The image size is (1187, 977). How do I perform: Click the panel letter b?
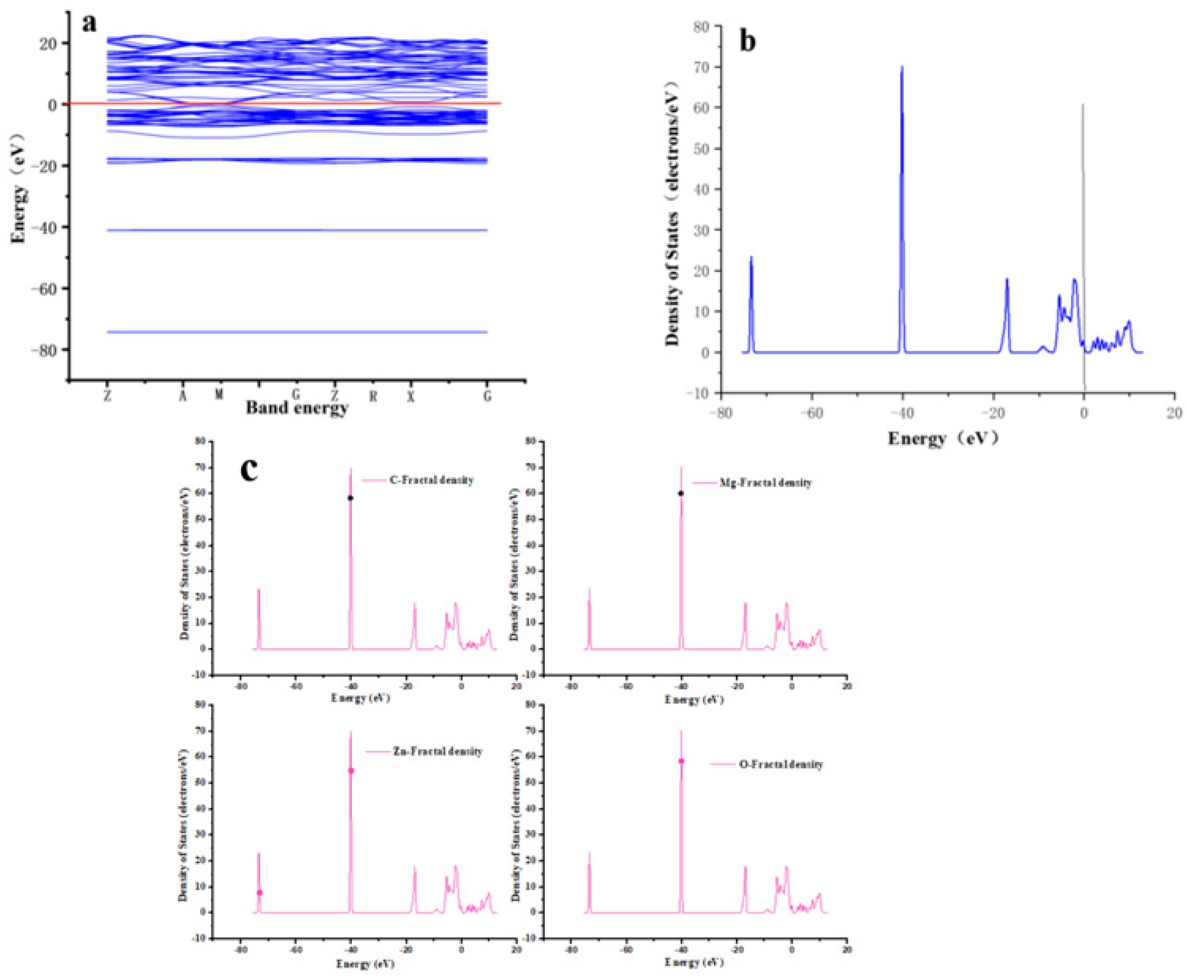pyautogui.click(x=747, y=41)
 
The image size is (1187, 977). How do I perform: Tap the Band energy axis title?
pyautogui.click(x=297, y=407)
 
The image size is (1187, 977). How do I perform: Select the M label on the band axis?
pyautogui.click(x=219, y=395)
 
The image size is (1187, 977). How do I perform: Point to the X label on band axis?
pyautogui.click(x=411, y=396)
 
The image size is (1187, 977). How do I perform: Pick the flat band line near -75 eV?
pyautogui.click(x=297, y=332)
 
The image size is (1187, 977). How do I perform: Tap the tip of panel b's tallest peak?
pyautogui.click(x=902, y=67)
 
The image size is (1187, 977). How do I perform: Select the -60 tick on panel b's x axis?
pyautogui.click(x=812, y=414)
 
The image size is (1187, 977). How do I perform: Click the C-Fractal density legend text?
pyautogui.click(x=431, y=480)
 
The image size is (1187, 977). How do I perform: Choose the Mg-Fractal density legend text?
pyautogui.click(x=766, y=482)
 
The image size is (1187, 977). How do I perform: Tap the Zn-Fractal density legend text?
pyautogui.click(x=437, y=751)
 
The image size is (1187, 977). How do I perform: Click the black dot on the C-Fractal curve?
pyautogui.click(x=350, y=498)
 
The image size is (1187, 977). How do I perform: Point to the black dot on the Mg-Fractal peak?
pyautogui.click(x=681, y=493)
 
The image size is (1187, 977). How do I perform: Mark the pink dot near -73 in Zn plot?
pyautogui.click(x=259, y=892)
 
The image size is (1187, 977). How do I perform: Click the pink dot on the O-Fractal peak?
pyautogui.click(x=681, y=761)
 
